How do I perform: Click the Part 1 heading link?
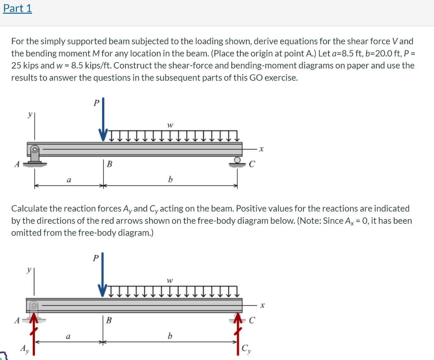coord(17,8)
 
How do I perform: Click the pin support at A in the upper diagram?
coord(34,155)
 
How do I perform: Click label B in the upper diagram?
coord(109,164)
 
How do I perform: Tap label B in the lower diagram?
coord(109,320)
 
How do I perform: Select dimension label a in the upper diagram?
coord(68,180)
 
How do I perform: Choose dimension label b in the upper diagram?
coord(170,180)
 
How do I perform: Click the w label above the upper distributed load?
coord(170,125)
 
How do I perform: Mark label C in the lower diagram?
coord(252,321)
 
